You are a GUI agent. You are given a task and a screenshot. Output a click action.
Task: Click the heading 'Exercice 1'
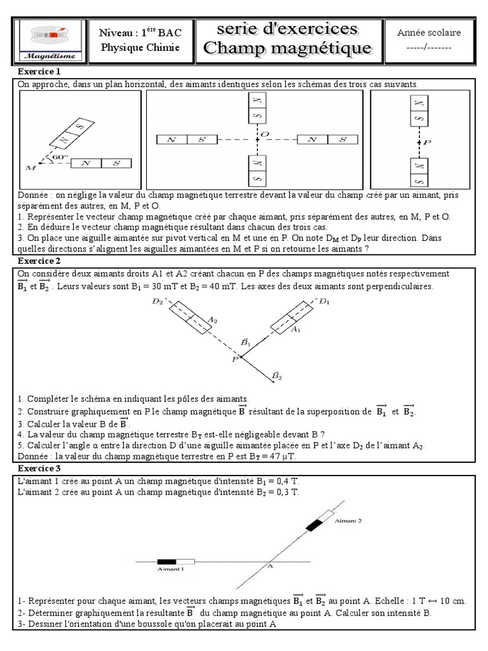[x=39, y=71]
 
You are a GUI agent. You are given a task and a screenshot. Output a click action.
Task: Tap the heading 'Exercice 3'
[x=39, y=468]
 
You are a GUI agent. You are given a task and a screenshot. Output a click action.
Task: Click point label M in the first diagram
[x=30, y=168]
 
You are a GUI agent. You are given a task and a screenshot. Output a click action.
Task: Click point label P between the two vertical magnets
[x=427, y=143]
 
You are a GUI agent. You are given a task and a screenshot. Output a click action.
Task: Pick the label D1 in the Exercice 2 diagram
[x=325, y=301]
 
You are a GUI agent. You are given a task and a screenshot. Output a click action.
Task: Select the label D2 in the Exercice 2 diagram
[x=157, y=302]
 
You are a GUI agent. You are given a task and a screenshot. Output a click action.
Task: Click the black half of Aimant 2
[x=315, y=524]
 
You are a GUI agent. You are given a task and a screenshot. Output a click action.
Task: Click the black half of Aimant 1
[x=166, y=561]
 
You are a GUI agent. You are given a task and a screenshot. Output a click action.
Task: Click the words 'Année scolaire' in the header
[x=429, y=32]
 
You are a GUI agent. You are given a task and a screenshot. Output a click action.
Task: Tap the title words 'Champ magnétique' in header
[x=287, y=48]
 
